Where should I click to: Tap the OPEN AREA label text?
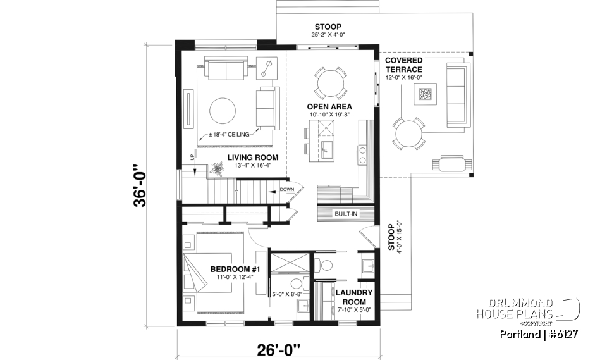(329, 106)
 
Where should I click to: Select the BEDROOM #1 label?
(231, 269)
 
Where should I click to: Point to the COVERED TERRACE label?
(403, 65)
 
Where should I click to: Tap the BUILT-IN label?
(346, 214)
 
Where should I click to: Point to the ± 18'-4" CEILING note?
(230, 133)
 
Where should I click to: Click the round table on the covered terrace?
(407, 133)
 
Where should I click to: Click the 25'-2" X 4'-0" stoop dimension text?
(328, 35)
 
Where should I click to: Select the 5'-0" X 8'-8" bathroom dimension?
(286, 294)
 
